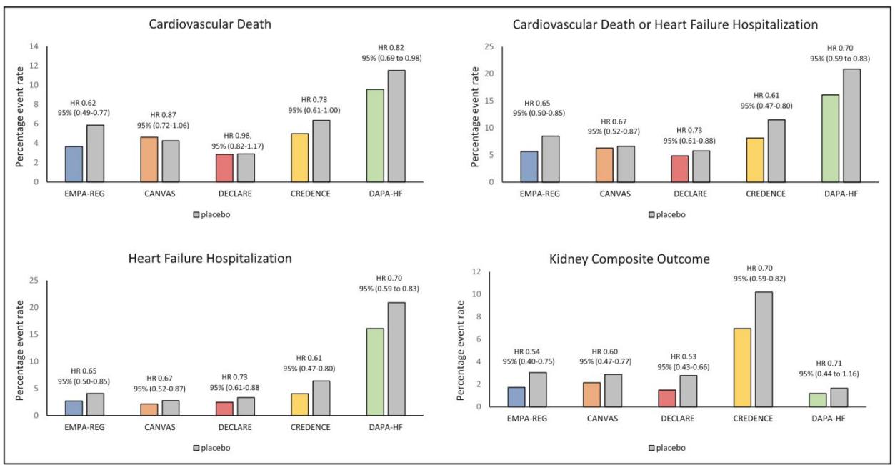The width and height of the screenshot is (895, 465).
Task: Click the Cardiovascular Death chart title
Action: (x=210, y=24)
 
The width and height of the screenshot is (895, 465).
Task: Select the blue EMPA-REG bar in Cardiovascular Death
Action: (x=74, y=164)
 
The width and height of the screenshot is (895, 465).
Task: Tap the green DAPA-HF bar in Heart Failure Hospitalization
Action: (x=375, y=372)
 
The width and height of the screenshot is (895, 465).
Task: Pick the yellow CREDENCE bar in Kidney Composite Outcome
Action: (x=742, y=368)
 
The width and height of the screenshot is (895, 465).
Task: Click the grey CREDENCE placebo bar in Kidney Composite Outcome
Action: (x=764, y=349)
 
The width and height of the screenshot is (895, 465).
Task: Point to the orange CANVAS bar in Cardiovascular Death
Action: (x=149, y=159)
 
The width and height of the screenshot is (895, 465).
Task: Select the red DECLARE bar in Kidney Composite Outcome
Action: (x=667, y=399)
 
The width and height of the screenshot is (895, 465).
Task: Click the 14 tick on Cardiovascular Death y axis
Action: (x=34, y=46)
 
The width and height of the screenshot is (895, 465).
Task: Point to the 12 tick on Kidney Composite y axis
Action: (x=476, y=271)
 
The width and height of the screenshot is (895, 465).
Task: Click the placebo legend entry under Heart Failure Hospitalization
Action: (x=211, y=448)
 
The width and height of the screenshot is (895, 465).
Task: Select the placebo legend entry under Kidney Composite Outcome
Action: (x=667, y=448)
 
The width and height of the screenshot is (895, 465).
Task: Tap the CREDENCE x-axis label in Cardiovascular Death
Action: (x=311, y=194)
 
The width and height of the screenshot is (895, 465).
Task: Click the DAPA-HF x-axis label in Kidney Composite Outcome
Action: (x=829, y=419)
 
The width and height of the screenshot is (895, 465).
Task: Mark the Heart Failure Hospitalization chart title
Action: (x=210, y=259)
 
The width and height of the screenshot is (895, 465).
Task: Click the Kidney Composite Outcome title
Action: (x=629, y=259)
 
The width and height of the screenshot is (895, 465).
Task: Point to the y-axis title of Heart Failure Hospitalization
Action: (x=19, y=350)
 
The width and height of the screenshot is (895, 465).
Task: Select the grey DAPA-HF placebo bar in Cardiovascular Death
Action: (x=396, y=126)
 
